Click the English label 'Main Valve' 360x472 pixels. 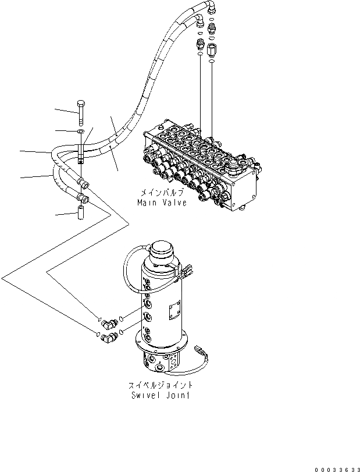pos(162,203)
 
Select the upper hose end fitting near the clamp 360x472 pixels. pos(85,185)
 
